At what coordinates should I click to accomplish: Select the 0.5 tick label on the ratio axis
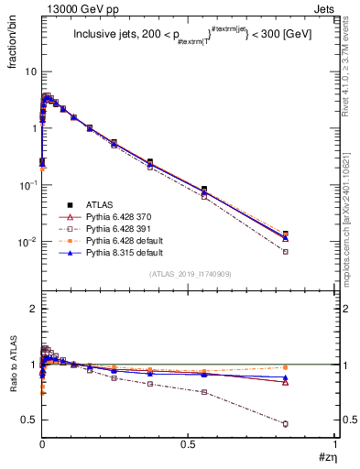click(29, 420)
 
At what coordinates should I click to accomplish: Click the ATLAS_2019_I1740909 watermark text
click(189, 275)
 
